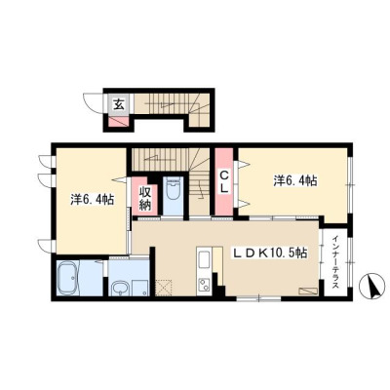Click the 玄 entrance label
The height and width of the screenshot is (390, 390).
point(119,104)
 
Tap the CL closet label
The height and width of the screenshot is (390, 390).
point(224,181)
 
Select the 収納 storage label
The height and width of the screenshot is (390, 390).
point(145,198)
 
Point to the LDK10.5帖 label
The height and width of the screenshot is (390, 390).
point(269,253)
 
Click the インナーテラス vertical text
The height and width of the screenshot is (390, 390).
point(335,261)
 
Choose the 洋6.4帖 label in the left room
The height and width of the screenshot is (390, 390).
point(92,200)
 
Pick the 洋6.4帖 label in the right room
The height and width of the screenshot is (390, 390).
point(295,180)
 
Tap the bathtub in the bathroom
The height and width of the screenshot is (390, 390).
point(68,278)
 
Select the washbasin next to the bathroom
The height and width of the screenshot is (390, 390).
point(120,288)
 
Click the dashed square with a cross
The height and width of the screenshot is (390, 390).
point(164,288)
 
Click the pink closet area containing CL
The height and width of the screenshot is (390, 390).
point(224,181)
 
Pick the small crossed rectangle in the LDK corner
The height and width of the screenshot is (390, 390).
point(308,291)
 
